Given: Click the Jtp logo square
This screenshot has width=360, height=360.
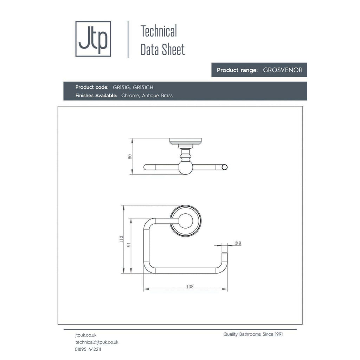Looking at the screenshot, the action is pyautogui.click(x=93, y=39).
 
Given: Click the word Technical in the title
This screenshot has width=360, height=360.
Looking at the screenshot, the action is pyautogui.click(x=159, y=31).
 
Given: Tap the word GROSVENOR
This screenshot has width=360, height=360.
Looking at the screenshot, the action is pyautogui.click(x=283, y=70).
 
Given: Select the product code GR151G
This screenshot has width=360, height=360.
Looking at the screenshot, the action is pyautogui.click(x=121, y=88).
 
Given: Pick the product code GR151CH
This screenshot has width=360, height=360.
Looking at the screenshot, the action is pyautogui.click(x=143, y=88).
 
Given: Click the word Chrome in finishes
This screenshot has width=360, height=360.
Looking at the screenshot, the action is pyautogui.click(x=130, y=96).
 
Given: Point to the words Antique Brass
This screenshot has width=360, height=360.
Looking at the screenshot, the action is pyautogui.click(x=157, y=96).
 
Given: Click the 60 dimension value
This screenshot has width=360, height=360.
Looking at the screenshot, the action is pyautogui.click(x=130, y=156).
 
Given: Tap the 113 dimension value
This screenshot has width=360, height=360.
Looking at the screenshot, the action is pyautogui.click(x=121, y=239).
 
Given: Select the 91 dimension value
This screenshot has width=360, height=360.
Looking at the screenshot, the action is pyautogui.click(x=129, y=245).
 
